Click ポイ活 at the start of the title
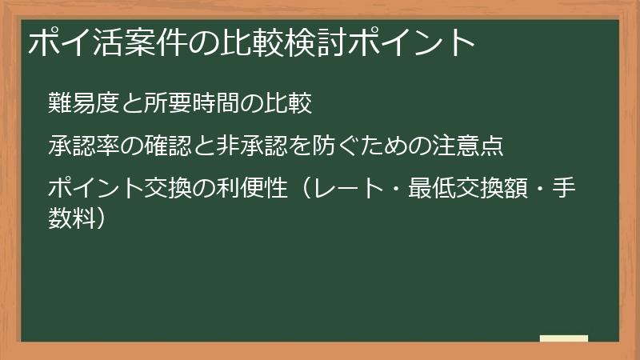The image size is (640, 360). click(70, 42)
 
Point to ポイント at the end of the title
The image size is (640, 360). click(416, 42)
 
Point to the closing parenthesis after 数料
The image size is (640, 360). click(118, 216)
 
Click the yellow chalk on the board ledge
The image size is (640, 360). click(563, 339)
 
